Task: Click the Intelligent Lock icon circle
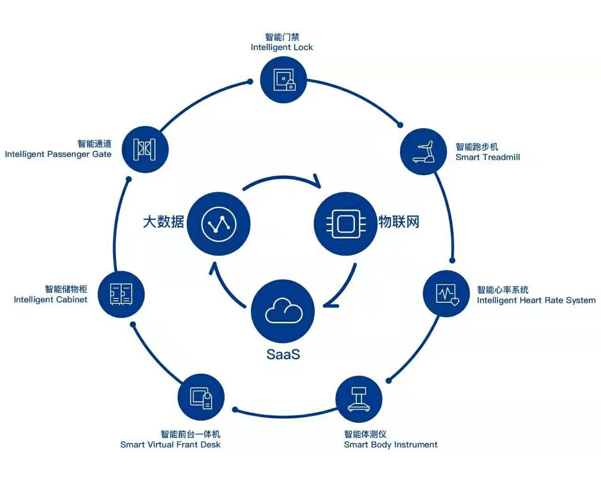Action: tap(283, 80)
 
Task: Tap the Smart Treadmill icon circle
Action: tap(423, 151)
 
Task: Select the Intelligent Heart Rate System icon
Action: tap(447, 294)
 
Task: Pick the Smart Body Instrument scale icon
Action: tap(359, 399)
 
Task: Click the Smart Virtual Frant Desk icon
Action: tap(201, 398)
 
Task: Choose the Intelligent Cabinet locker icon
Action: tap(121, 294)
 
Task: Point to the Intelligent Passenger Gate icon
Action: tap(145, 149)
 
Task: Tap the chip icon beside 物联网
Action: tap(346, 224)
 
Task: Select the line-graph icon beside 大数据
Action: tap(219, 224)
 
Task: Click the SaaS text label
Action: tap(283, 354)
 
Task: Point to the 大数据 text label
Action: tap(163, 221)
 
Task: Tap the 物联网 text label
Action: tap(399, 221)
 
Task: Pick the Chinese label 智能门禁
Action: tap(282, 37)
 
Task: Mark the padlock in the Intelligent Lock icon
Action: tap(291, 85)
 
